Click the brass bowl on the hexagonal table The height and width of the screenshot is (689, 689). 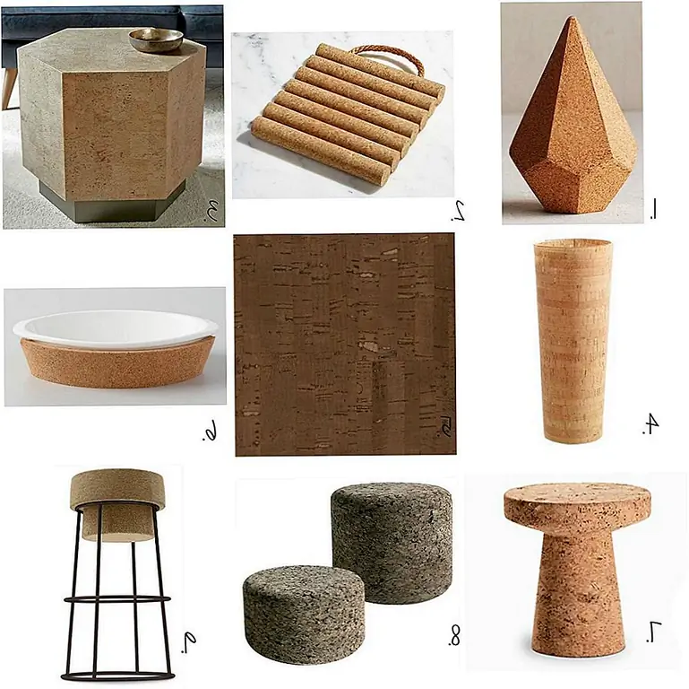(x=156, y=40)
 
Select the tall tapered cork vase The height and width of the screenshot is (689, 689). (x=573, y=341)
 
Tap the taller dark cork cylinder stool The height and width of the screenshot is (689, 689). (x=392, y=543)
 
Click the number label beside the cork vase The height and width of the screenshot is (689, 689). (x=650, y=424)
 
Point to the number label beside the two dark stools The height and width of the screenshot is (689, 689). (x=454, y=636)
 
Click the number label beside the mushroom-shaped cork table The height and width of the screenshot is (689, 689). (x=654, y=632)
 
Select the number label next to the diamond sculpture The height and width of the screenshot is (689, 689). (x=653, y=208)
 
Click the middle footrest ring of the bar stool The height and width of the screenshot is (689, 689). (x=117, y=599)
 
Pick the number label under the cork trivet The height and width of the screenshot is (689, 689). (x=459, y=210)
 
